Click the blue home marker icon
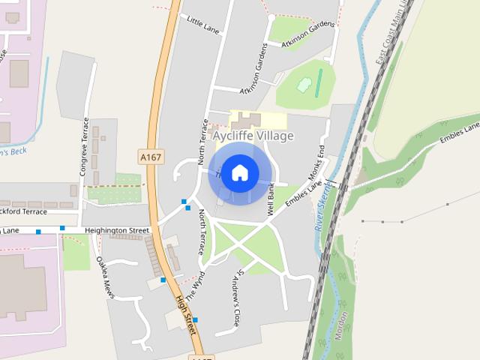pos(239,172)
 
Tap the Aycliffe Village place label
pos(253,136)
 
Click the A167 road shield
pos(150,157)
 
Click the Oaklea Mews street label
pos(105,277)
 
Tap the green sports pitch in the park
pos(319,78)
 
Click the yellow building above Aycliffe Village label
pos(257,120)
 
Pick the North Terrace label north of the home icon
pos(202,141)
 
